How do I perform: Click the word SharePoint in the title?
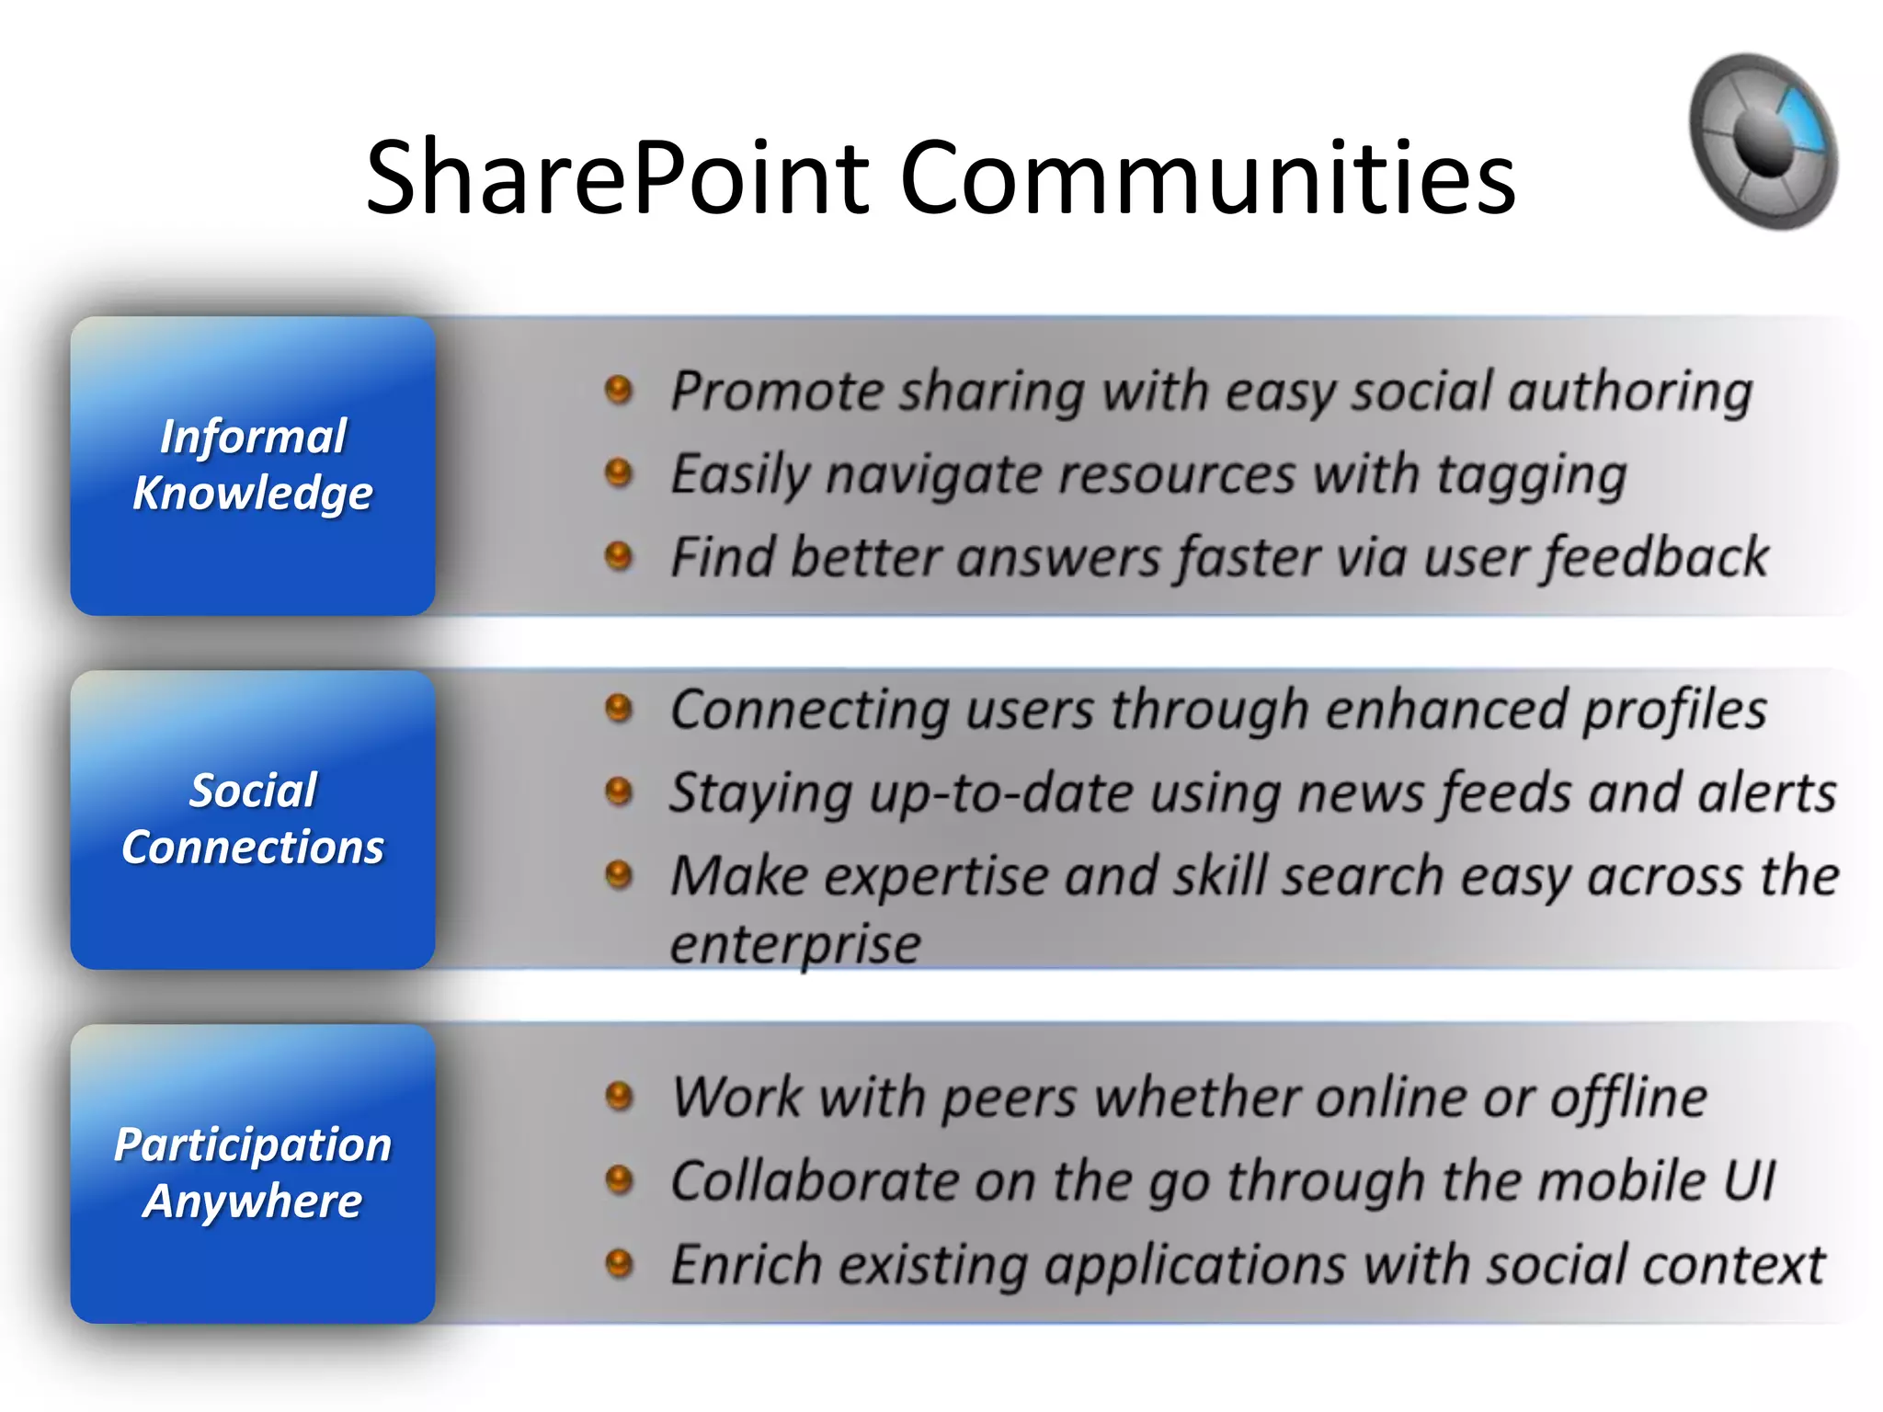coord(617,177)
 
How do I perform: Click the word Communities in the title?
coord(1207,177)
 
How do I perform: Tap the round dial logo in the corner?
coord(1763,142)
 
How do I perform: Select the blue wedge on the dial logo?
coord(1802,120)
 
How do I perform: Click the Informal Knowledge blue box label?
coord(253,464)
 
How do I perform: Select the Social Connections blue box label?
coord(253,818)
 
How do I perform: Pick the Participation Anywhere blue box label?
coord(253,1172)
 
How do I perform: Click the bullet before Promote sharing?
coord(619,390)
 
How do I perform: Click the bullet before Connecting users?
coord(619,709)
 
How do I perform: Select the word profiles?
coord(1674,711)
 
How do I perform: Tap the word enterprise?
coord(795,945)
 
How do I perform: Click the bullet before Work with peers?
coord(619,1096)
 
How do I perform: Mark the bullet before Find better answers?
coord(619,555)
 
